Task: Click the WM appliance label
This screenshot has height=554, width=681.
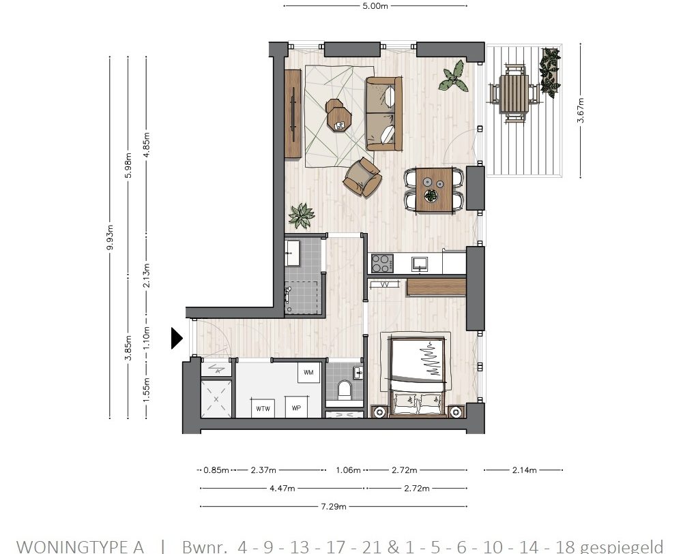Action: (308, 372)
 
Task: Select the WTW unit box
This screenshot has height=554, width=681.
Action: (262, 409)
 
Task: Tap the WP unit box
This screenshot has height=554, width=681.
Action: (296, 409)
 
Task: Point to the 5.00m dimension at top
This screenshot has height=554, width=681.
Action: (375, 6)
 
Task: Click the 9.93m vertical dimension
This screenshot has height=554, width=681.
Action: (110, 237)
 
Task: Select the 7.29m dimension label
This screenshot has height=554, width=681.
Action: (334, 506)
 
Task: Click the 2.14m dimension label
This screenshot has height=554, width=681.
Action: (523, 470)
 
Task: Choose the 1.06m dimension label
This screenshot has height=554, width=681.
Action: (348, 470)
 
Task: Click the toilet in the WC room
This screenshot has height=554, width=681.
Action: (344, 390)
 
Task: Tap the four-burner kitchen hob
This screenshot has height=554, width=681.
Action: (381, 262)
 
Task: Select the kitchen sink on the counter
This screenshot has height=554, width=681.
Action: (420, 262)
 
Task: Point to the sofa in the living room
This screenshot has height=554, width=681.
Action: (383, 114)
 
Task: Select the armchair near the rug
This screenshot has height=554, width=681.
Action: (362, 177)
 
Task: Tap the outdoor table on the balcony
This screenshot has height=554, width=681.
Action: (515, 93)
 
